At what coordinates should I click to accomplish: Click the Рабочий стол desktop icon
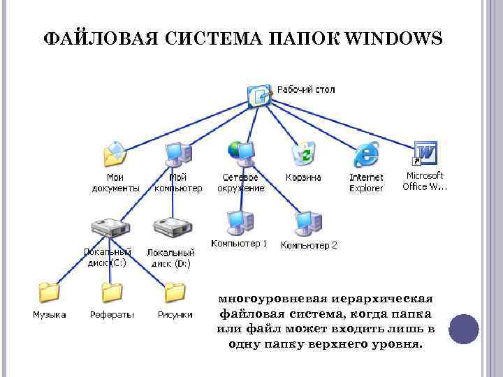(x=259, y=94)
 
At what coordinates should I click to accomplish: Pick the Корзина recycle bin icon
(x=303, y=153)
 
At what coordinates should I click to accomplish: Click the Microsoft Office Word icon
(x=425, y=153)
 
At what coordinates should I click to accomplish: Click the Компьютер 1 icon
(x=239, y=222)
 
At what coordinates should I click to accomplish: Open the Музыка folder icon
(x=49, y=293)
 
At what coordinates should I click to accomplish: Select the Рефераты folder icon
(x=112, y=293)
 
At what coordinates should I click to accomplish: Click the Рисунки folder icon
(x=174, y=293)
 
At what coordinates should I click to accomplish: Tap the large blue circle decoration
(x=463, y=328)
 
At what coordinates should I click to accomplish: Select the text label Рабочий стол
(x=306, y=89)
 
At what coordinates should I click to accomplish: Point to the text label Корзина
(x=303, y=177)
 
